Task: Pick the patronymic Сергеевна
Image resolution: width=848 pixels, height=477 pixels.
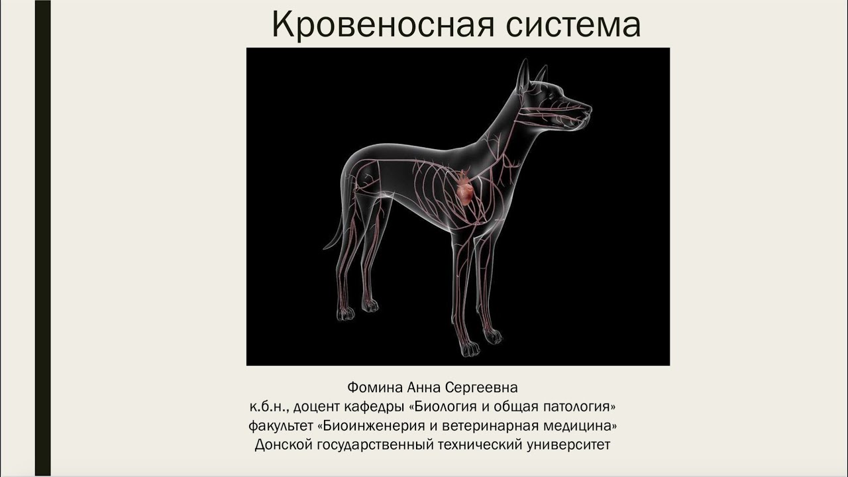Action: point(479,386)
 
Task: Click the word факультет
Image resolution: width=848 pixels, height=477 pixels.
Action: point(280,425)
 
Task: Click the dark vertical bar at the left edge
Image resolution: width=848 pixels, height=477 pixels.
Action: point(42,238)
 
